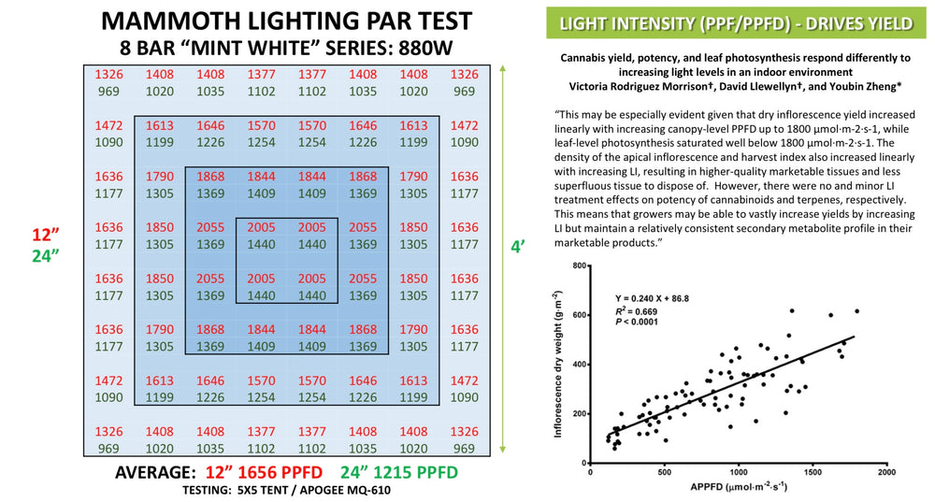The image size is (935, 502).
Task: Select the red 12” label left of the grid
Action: [x=44, y=234]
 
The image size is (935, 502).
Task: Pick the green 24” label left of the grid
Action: [x=44, y=256]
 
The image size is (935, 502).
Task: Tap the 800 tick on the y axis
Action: [x=577, y=266]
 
